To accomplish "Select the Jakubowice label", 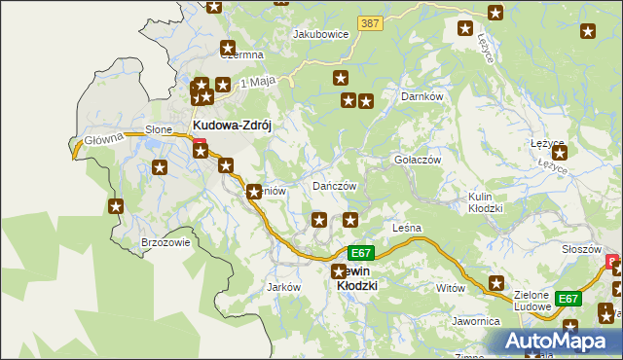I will point(321,33).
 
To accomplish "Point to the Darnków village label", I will point(422,97).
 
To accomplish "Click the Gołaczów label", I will point(418,160).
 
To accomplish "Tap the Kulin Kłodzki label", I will point(485,202).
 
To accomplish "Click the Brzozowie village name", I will point(165,243).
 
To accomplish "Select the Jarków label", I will point(282,287).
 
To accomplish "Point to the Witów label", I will point(451,288).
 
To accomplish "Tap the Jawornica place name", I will point(475,320).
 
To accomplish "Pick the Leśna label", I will point(406,228).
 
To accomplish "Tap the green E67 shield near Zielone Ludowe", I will point(568,299).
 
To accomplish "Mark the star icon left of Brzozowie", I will point(116,205).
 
